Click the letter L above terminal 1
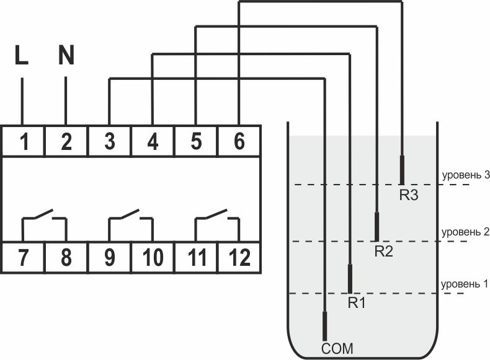click(22, 55)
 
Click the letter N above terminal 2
click(66, 55)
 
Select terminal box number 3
click(110, 141)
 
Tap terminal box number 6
click(239, 141)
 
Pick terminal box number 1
click(23, 141)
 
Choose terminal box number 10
click(153, 258)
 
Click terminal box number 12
click(239, 258)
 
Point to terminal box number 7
click(23, 258)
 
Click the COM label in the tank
click(337, 349)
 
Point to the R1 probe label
click(357, 302)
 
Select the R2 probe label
click(383, 251)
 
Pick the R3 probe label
click(409, 195)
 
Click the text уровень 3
click(466, 175)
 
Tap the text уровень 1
click(464, 284)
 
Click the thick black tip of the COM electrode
click(324, 326)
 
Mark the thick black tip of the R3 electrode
click(402, 170)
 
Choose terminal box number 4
click(153, 141)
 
